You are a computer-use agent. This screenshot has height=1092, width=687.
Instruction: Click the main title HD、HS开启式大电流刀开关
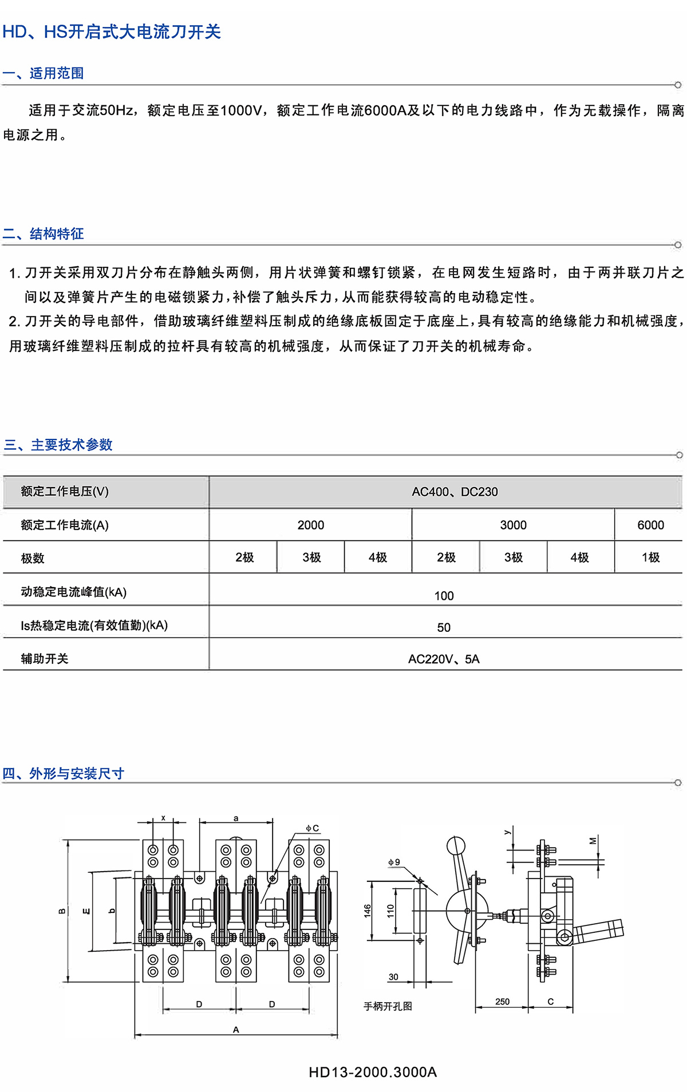tap(112, 32)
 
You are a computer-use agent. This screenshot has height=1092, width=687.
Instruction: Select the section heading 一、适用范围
tap(44, 73)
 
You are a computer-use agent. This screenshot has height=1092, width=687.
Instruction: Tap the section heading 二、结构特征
tap(44, 234)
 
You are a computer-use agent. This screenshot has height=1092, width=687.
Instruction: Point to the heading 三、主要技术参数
tap(58, 445)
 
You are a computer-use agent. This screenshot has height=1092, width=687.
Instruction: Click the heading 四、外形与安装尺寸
tap(64, 774)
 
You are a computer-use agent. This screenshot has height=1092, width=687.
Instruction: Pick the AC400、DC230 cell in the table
tap(455, 492)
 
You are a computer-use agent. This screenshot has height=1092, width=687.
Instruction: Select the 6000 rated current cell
tap(650, 525)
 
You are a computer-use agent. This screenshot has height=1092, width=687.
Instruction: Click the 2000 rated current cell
tap(310, 525)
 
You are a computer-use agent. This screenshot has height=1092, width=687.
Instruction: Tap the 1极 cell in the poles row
tap(650, 557)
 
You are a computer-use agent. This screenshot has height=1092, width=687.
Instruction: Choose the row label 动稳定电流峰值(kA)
tap(73, 592)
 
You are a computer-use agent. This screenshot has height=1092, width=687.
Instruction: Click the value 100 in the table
tap(444, 596)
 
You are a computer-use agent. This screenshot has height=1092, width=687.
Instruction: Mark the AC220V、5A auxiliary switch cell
tap(444, 659)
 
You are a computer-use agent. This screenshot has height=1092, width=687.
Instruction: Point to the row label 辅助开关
tap(45, 659)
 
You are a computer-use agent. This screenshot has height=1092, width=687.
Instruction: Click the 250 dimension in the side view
tap(502, 1002)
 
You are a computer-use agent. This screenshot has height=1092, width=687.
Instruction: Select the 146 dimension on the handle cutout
tap(368, 910)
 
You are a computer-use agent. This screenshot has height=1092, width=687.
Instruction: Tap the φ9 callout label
tap(394, 862)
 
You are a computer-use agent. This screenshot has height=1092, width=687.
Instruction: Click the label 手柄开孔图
tap(388, 1006)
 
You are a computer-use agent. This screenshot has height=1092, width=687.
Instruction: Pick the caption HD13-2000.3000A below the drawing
tap(373, 1072)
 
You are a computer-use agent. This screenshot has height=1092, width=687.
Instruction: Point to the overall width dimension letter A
tap(236, 1030)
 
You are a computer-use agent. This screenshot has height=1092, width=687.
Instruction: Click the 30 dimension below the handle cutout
tap(393, 977)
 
